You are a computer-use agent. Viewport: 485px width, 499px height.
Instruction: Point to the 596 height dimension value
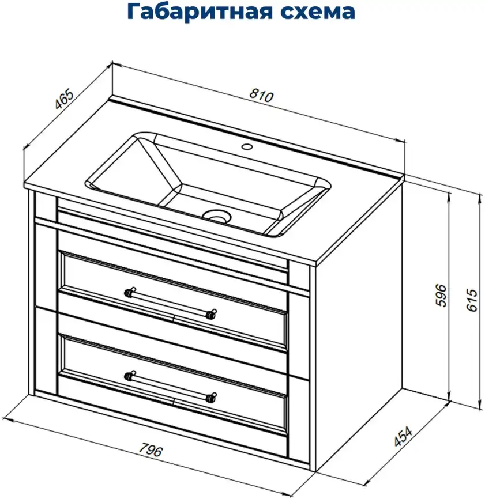tap(441, 296)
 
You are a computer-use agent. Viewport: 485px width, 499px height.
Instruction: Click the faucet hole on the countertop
tap(247, 146)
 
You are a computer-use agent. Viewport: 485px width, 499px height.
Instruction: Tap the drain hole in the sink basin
tap(217, 217)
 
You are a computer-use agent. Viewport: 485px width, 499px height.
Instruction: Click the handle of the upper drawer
tap(171, 301)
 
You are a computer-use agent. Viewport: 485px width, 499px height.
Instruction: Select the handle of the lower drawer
tap(171, 385)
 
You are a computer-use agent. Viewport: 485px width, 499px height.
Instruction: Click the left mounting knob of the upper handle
tap(129, 291)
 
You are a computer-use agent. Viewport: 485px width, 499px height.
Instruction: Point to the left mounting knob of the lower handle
tap(129, 375)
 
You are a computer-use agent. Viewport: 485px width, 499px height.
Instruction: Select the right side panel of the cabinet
tap(358, 328)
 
